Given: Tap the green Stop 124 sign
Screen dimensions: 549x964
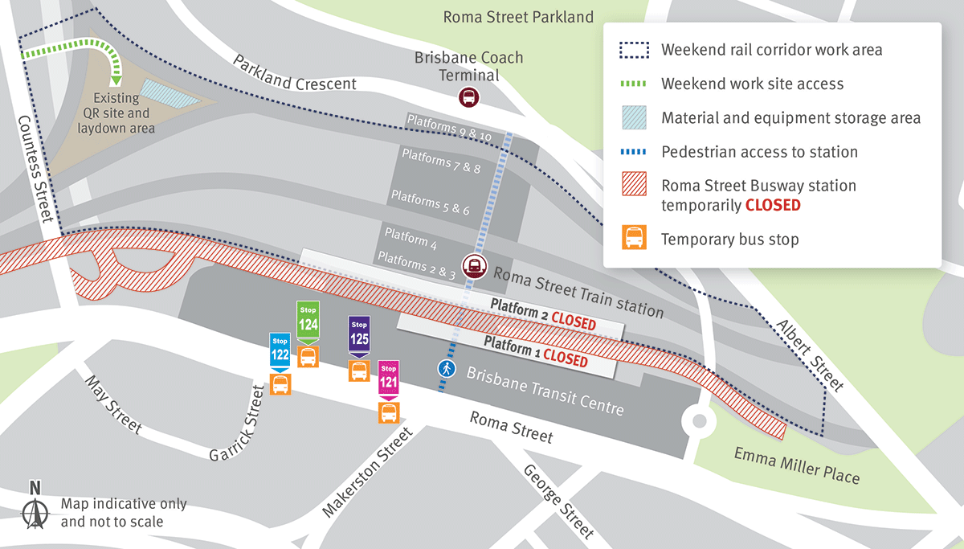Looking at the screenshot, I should [308, 320].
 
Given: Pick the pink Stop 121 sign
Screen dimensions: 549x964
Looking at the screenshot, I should [389, 378].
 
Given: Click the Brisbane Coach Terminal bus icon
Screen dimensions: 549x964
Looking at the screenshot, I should [468, 98].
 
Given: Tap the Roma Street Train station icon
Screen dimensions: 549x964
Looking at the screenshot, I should [474, 265].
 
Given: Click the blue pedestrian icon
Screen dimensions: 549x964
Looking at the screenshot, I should [446, 369].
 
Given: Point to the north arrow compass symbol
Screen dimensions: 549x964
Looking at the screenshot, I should [35, 506].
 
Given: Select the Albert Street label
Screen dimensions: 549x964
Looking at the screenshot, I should [810, 354].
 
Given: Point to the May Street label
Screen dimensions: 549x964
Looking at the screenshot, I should [112, 406].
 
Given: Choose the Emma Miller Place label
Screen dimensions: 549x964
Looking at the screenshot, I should [796, 465].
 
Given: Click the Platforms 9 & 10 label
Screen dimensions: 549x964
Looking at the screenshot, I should [448, 127].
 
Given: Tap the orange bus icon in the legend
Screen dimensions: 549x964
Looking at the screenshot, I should [635, 238].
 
